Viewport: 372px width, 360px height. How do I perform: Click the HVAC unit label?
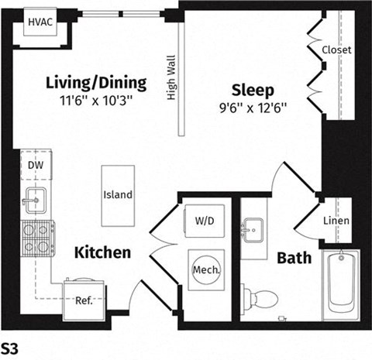[40, 22]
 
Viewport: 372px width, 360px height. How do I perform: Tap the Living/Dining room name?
[96, 82]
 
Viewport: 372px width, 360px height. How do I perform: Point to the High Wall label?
[171, 77]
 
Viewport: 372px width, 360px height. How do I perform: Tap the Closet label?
[336, 50]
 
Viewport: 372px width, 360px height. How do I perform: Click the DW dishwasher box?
[35, 165]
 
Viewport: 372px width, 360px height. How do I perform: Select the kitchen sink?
[35, 201]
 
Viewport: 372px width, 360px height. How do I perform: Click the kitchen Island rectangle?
[118, 195]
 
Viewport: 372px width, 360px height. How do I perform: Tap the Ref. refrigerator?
[84, 298]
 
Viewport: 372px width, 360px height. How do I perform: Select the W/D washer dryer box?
[205, 221]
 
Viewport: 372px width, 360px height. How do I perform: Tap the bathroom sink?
[253, 230]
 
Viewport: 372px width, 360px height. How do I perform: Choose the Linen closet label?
[337, 221]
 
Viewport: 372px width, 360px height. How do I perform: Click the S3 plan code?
[10, 347]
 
